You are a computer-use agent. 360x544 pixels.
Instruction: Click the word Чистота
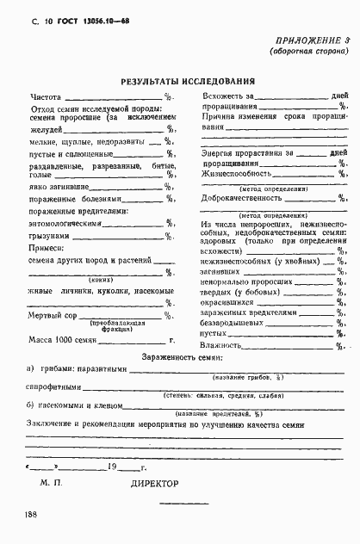coord(47,96)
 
